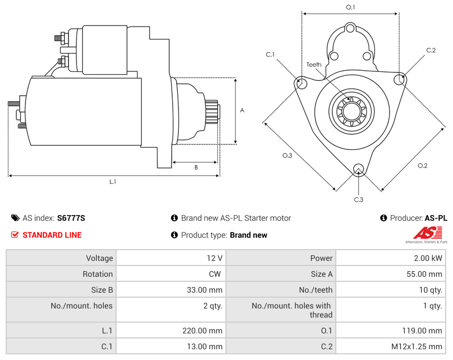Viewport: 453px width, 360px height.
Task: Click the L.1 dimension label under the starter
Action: point(113,182)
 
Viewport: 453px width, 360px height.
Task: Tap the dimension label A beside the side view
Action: point(242,110)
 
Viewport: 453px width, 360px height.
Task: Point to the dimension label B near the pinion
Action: point(196,167)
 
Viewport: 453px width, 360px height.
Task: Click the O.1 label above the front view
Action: point(351,7)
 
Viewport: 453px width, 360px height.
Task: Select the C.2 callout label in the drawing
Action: point(431,50)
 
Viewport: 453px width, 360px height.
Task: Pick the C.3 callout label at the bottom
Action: point(358,199)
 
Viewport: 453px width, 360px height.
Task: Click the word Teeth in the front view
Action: point(314,65)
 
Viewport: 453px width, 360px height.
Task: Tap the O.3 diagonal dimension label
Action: point(287,156)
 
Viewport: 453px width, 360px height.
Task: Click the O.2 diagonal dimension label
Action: point(422,165)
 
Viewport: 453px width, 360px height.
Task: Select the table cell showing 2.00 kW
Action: point(390,258)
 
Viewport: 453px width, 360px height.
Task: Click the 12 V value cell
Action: point(170,258)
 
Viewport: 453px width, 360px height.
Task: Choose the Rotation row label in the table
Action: point(97,274)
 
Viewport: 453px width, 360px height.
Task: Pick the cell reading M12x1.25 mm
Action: point(390,346)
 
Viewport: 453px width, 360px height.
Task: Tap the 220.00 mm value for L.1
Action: point(170,331)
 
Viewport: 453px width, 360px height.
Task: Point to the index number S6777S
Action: point(71,218)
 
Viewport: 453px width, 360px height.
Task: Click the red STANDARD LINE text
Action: point(52,235)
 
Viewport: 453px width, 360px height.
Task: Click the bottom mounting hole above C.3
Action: point(358,169)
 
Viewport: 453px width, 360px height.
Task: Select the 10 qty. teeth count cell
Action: point(390,290)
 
